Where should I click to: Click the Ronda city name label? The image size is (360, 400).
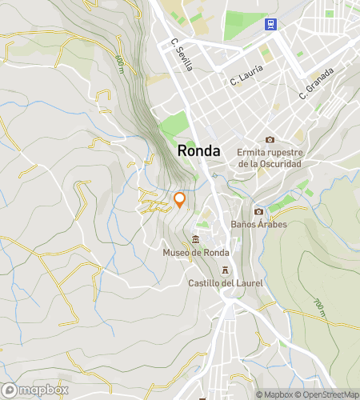(200, 150)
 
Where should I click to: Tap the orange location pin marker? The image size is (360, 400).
(180, 199)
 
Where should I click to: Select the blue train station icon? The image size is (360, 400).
(270, 24)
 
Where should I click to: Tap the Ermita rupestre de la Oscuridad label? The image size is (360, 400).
(270, 158)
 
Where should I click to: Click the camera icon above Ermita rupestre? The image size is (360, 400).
(270, 139)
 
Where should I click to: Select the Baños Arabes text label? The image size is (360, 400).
(258, 224)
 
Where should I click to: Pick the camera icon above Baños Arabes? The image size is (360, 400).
(258, 211)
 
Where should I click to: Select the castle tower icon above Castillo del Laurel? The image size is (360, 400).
(226, 270)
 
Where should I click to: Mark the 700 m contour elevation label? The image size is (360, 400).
(319, 306)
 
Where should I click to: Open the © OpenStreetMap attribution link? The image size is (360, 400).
(328, 394)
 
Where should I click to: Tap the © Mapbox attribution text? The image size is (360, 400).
(274, 394)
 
